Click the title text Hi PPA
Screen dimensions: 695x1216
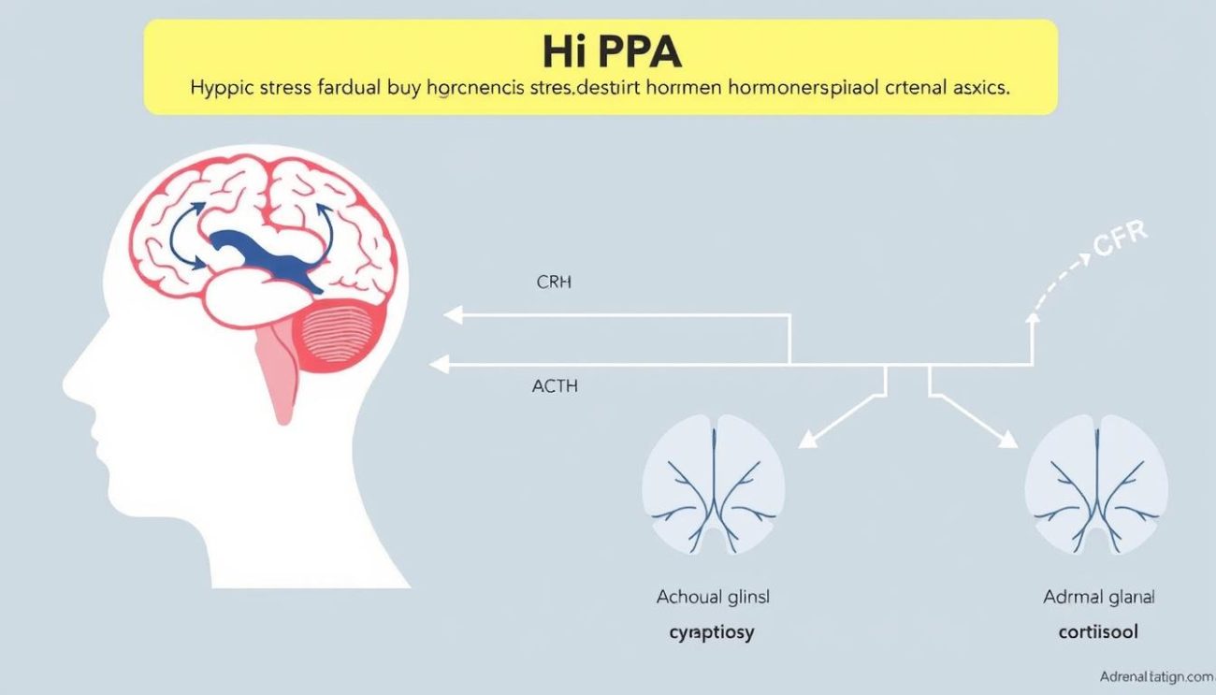612,52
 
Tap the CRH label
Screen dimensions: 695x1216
553,282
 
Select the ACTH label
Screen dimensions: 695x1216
554,385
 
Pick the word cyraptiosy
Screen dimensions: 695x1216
712,632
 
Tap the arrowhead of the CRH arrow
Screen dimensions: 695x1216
452,316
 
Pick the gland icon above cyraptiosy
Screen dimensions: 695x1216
713,486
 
